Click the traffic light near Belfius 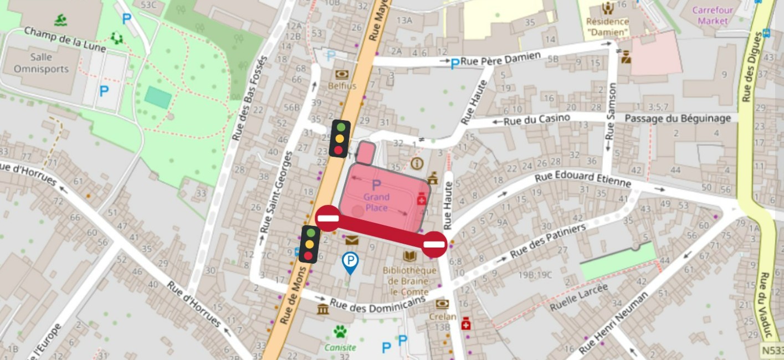[x=340, y=138]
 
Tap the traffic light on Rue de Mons [x=309, y=244]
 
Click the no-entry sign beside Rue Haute [x=434, y=244]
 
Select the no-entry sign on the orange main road [x=328, y=218]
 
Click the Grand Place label [x=376, y=203]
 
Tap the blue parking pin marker [x=350, y=261]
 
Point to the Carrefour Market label [x=713, y=16]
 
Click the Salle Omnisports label [x=41, y=63]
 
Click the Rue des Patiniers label [x=548, y=241]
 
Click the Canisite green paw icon [x=340, y=332]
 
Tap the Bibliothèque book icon [x=410, y=256]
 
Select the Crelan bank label [x=442, y=316]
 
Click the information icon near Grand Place [x=417, y=163]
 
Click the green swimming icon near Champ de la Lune [x=61, y=21]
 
